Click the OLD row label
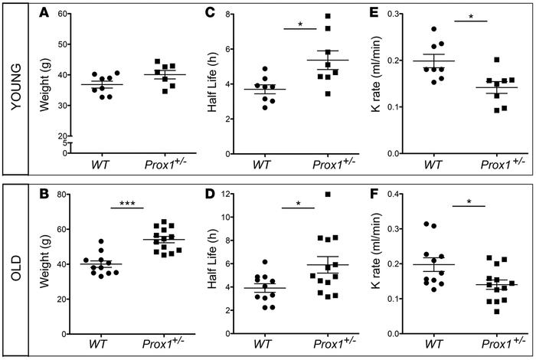(x=15, y=269)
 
